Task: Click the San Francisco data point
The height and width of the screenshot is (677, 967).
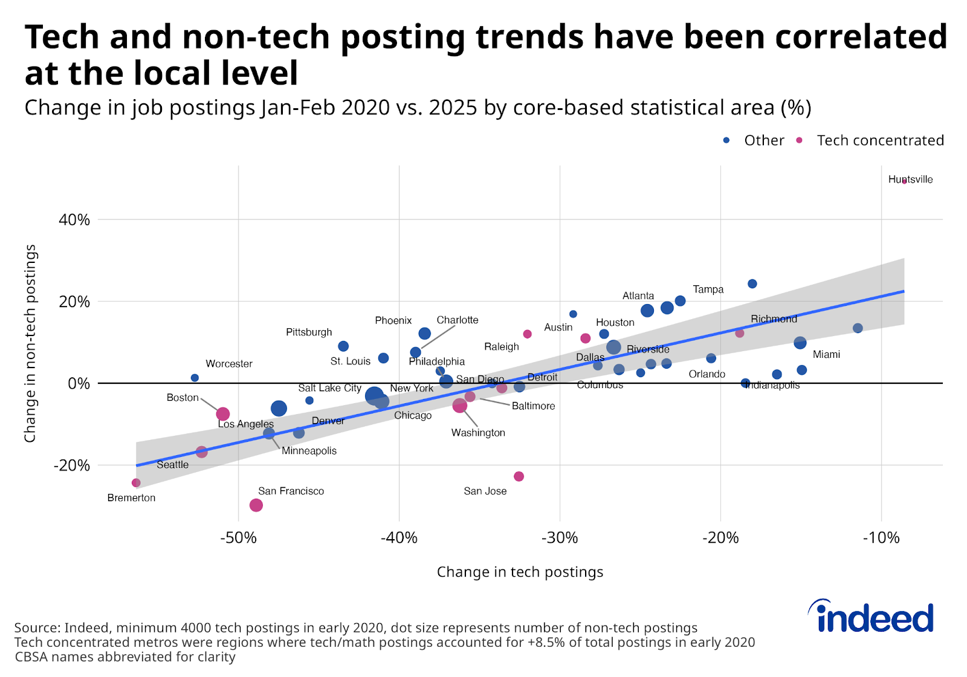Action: [256, 505]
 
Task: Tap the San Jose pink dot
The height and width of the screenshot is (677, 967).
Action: [519, 476]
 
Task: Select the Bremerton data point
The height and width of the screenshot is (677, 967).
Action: [136, 482]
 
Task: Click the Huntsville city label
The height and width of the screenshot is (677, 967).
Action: [910, 180]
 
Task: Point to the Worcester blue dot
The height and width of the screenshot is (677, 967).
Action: [195, 378]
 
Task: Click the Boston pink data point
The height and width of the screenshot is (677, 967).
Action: [222, 414]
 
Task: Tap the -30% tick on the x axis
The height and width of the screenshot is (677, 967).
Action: [560, 538]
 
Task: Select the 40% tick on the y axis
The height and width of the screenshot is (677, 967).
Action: [74, 219]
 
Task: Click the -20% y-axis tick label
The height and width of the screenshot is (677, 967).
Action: [72, 465]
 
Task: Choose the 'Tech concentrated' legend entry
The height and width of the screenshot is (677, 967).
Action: [879, 140]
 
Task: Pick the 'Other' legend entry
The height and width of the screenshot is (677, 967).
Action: [764, 140]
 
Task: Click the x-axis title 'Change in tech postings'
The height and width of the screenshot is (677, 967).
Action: [520, 572]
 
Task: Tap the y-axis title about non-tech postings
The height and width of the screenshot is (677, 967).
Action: [30, 343]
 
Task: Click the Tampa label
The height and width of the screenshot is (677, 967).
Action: [708, 290]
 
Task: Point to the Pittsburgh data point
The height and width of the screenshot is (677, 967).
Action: [343, 346]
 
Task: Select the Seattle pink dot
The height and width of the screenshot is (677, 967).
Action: [202, 452]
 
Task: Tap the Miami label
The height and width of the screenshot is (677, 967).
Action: [826, 354]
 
